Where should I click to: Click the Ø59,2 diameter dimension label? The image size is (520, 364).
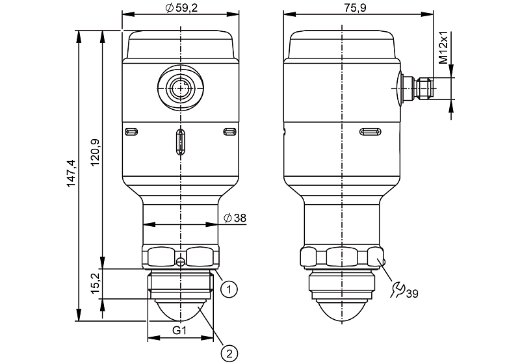[x=181, y=8]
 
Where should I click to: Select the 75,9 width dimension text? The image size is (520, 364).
[x=355, y=8]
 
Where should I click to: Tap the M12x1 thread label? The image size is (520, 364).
[x=443, y=47]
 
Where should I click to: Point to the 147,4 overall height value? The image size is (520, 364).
[x=71, y=174]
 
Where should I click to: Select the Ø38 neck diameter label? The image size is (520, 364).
[x=235, y=218]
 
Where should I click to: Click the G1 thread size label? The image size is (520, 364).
[x=179, y=330]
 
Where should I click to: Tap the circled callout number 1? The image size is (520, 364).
[x=229, y=289]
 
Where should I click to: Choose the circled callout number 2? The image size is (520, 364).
[x=229, y=354]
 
